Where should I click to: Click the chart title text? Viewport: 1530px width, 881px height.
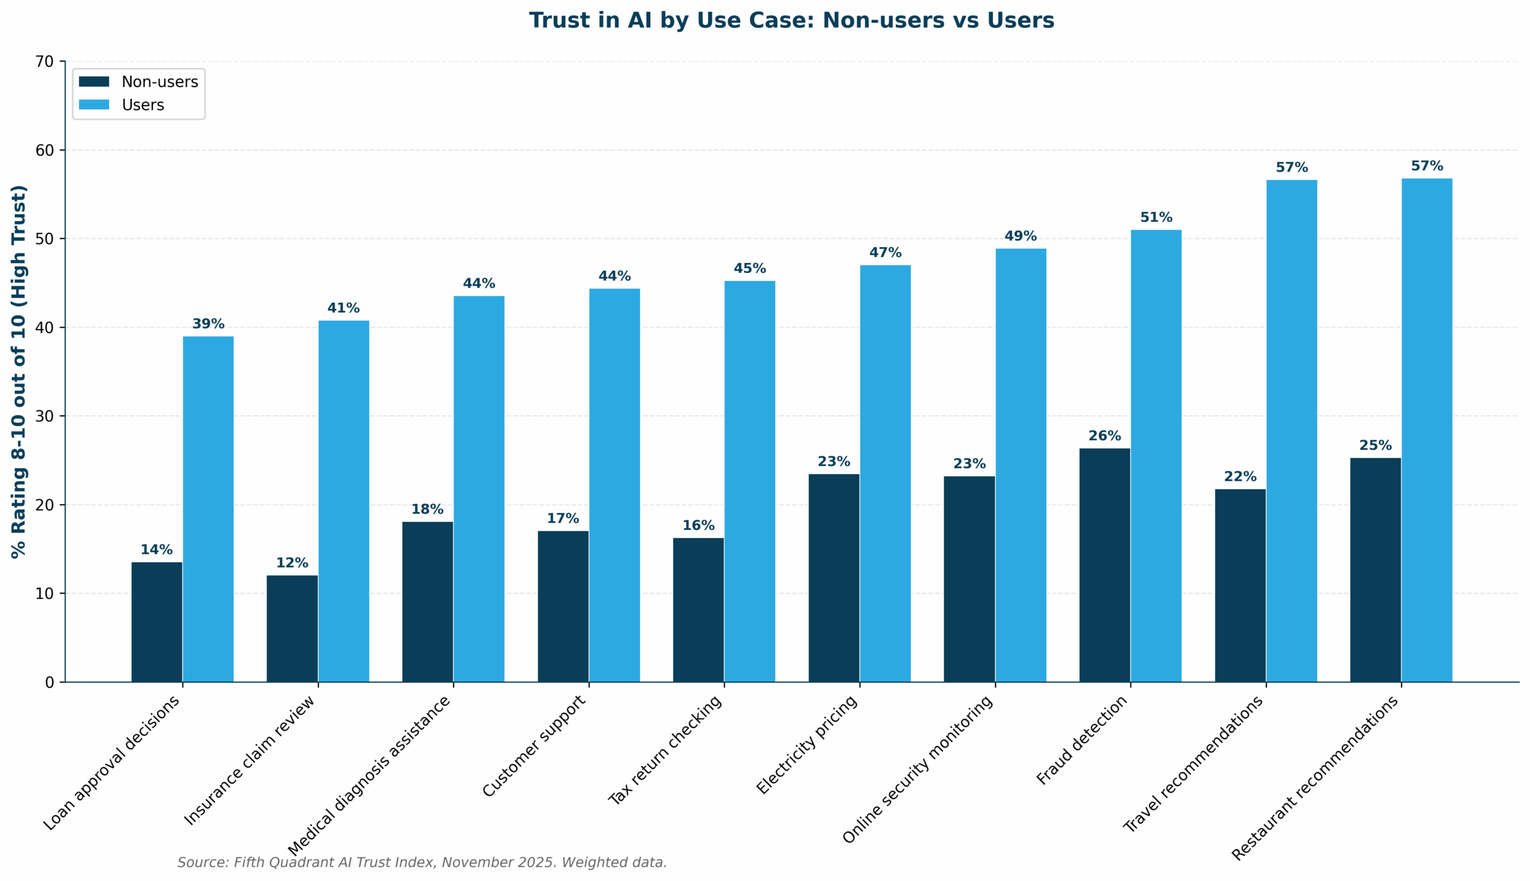pos(791,20)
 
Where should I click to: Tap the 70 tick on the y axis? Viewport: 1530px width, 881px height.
pos(45,62)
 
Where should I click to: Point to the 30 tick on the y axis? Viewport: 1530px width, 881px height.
pos(45,416)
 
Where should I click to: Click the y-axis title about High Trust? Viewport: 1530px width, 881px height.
pos(19,371)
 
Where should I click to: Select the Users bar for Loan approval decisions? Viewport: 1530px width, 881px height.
pos(208,509)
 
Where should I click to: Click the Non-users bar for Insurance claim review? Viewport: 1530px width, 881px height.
pos(292,629)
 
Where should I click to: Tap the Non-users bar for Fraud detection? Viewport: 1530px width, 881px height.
pos(1104,565)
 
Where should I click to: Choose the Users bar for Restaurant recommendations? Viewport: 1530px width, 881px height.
pos(1427,430)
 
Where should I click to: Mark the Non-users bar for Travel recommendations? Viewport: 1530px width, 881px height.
pos(1240,585)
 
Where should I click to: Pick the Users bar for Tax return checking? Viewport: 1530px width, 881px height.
pos(749,481)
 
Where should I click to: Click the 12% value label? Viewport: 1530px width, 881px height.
pos(292,563)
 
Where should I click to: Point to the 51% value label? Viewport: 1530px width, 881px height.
pos(1156,217)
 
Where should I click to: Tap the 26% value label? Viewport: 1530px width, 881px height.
pos(1104,436)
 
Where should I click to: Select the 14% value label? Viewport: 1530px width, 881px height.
pos(156,550)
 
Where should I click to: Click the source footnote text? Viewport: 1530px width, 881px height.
pos(422,863)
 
